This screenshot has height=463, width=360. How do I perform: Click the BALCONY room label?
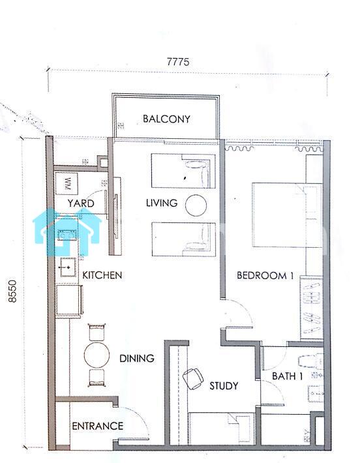click(x=166, y=119)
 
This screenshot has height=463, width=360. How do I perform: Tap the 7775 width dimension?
click(x=178, y=62)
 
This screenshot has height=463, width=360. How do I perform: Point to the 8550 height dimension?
click(x=12, y=291)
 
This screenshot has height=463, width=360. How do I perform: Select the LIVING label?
click(x=162, y=203)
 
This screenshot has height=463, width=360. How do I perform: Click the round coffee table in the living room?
click(x=196, y=205)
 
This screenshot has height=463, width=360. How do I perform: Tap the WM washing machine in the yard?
click(x=67, y=183)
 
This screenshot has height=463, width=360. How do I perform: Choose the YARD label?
click(x=81, y=203)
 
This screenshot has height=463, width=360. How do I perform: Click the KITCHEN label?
click(x=102, y=275)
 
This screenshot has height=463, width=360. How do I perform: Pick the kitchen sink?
click(x=68, y=267)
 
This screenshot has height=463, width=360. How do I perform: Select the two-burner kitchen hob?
click(x=67, y=235)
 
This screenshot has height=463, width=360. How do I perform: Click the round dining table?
click(x=97, y=355)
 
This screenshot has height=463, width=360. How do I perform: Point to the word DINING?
click(x=137, y=358)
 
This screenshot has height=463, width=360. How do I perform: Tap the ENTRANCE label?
click(x=97, y=426)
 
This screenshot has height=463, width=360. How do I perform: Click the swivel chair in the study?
click(x=193, y=379)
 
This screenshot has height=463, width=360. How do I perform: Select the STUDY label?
click(x=224, y=385)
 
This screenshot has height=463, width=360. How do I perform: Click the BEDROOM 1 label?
click(x=265, y=275)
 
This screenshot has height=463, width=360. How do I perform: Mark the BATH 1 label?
click(x=287, y=376)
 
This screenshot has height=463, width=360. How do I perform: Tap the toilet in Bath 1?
click(x=310, y=361)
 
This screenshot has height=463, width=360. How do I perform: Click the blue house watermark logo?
click(x=67, y=231)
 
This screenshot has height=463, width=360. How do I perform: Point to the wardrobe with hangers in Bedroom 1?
click(x=311, y=308)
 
